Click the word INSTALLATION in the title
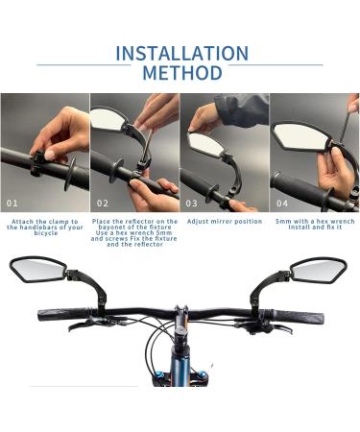180,53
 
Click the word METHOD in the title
180,74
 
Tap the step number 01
12,204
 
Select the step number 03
191,204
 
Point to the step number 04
281,204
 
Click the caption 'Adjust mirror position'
223,222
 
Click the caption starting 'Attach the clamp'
44,228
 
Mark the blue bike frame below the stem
180,365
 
